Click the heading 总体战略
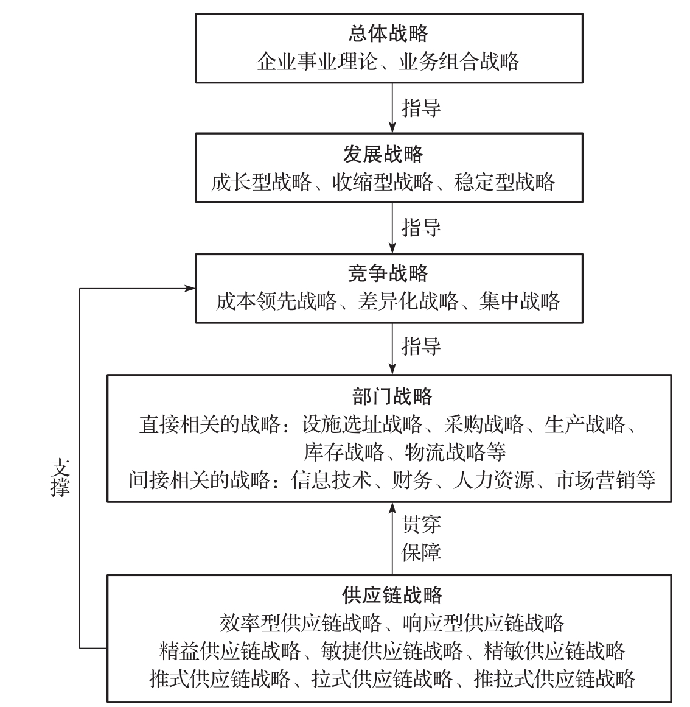(x=388, y=34)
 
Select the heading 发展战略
(x=383, y=153)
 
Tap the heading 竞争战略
(x=388, y=273)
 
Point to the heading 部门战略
(x=392, y=396)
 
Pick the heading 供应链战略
(x=392, y=595)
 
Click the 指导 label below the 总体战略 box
(x=421, y=108)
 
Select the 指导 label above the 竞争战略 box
(x=421, y=227)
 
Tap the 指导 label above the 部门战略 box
(x=421, y=346)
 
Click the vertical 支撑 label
(x=60, y=477)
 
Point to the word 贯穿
(x=421, y=524)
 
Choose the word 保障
(x=421, y=552)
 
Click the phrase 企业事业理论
(x=317, y=62)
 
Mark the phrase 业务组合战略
(x=459, y=62)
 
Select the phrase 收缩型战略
(x=383, y=181)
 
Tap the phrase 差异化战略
(x=408, y=301)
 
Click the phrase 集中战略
(x=519, y=301)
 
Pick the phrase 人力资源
(x=493, y=480)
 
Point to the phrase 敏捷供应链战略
(x=392, y=650)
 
